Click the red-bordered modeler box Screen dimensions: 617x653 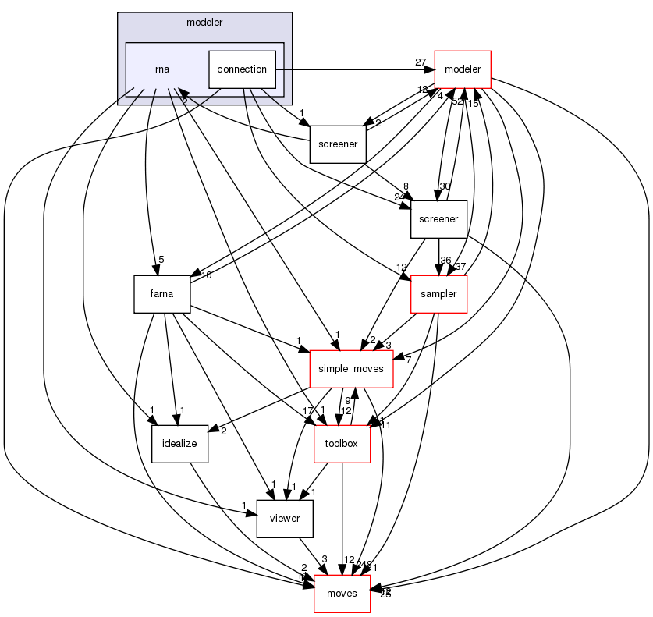pos(462,69)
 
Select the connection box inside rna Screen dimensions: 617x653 pos(242,69)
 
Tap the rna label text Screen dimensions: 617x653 pos(162,69)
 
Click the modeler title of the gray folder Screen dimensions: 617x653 pos(204,22)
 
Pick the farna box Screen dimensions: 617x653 pos(162,294)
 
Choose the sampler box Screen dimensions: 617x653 pos(438,294)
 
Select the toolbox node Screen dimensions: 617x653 pos(341,444)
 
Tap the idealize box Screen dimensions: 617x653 pos(179,444)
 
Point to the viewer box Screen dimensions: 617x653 pos(285,519)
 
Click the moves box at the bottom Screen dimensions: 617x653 pos(341,594)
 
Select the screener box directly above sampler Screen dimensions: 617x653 pos(438,219)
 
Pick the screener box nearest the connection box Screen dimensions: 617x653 pos(338,144)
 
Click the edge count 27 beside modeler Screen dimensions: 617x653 pos(420,62)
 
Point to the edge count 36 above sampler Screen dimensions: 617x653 pos(446,261)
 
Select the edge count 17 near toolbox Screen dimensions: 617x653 pos(308,410)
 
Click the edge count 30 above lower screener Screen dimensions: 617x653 pos(445,186)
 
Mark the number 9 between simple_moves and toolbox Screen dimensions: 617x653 pos(349,402)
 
